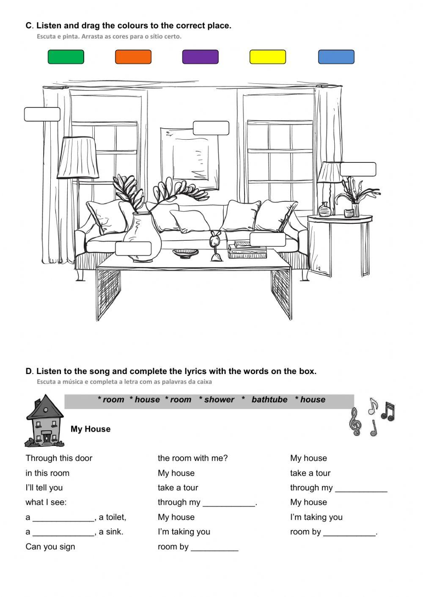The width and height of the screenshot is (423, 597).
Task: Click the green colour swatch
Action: (66, 57)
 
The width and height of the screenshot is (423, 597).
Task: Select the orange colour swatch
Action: (133, 57)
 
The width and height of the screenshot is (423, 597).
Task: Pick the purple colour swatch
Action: (200, 57)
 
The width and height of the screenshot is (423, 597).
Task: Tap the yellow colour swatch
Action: (267, 57)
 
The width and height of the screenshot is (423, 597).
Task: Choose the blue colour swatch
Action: (336, 57)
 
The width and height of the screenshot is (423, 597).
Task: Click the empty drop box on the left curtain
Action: (42, 114)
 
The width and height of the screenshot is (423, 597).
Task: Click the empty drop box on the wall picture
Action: (211, 128)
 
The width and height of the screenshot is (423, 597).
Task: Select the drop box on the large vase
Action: (133, 248)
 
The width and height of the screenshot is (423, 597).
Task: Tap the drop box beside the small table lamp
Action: (358, 169)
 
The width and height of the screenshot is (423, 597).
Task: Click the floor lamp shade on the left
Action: (78, 157)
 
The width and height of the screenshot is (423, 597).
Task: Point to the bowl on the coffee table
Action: (185, 253)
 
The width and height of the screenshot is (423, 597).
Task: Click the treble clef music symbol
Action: (355, 421)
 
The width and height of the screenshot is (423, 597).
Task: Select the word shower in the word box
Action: (219, 400)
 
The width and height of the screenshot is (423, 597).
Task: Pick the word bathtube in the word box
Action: (269, 400)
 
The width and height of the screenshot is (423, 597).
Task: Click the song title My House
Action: (91, 429)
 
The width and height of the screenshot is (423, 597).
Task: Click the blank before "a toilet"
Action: (63, 517)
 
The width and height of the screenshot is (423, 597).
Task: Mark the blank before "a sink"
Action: (63, 532)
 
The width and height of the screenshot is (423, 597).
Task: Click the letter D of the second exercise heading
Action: (29, 371)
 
